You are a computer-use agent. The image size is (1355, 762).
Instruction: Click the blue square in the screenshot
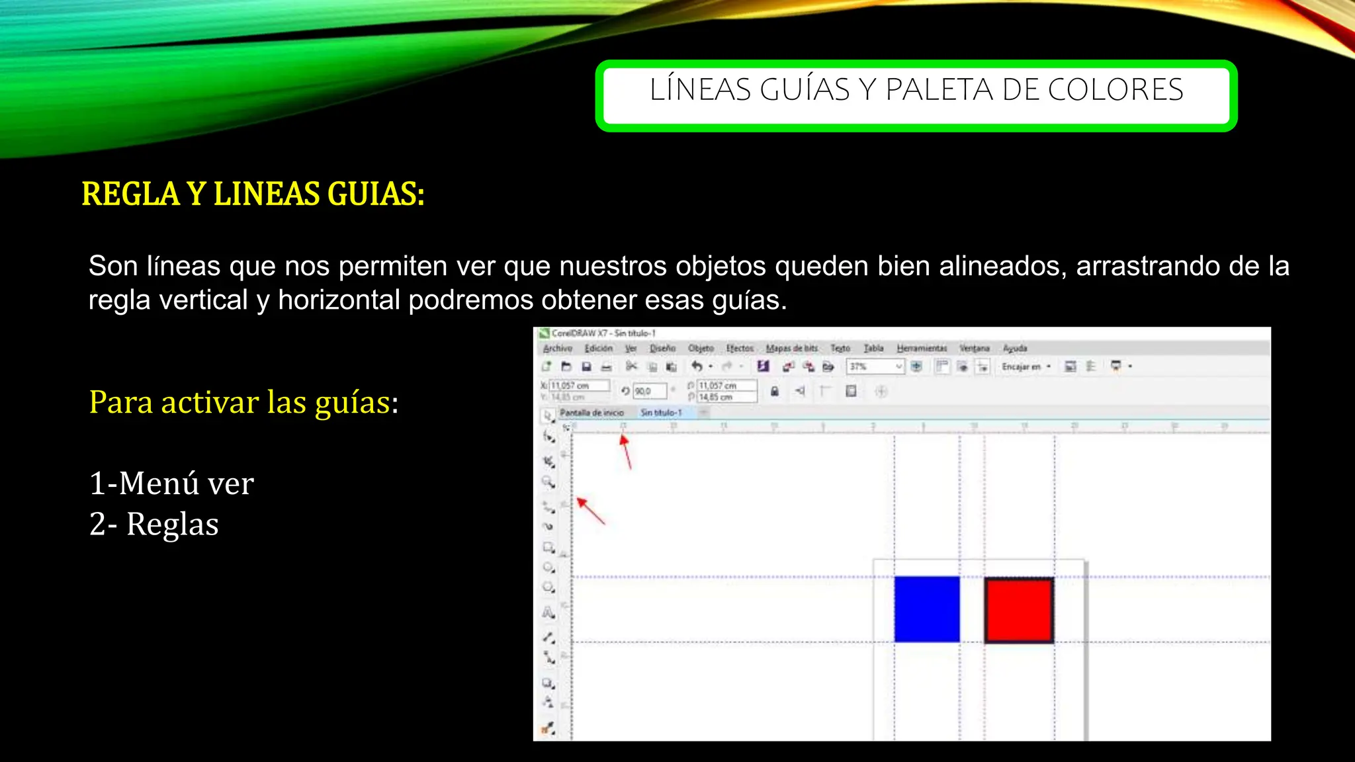coord(926,609)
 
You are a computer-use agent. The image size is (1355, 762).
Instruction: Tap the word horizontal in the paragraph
coord(339,300)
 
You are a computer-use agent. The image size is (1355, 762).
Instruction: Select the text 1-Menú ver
coord(171,484)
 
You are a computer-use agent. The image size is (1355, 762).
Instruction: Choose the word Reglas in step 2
coord(172,525)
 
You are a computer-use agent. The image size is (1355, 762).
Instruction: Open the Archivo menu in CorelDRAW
coord(557,348)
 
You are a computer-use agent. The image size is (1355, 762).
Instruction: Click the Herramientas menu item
coord(922,348)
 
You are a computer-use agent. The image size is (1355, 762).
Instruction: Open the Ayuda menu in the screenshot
coord(1015,348)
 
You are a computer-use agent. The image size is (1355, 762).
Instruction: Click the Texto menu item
coord(840,348)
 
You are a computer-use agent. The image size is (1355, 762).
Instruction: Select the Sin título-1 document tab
coord(660,413)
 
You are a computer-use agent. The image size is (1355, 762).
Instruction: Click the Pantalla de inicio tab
coord(591,413)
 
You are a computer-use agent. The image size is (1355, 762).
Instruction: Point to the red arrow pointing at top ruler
coord(626,451)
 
